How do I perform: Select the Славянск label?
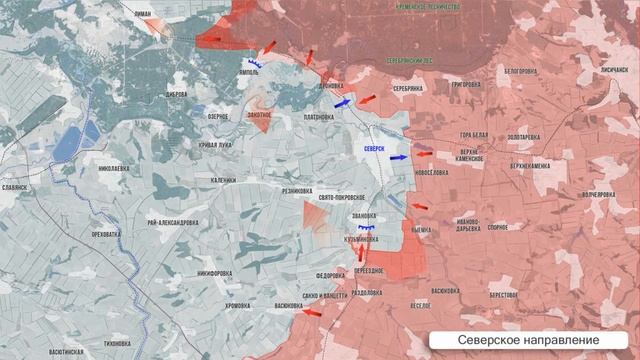click(15, 187)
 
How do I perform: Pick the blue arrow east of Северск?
click(398, 157)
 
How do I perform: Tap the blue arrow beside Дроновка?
click(342, 102)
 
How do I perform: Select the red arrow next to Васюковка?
click(312, 312)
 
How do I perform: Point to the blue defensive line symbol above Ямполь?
click(257, 62)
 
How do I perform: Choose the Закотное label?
click(258, 115)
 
